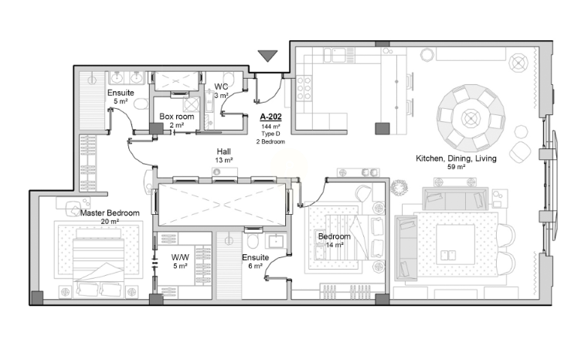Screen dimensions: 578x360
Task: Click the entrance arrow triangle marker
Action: click(x=267, y=56)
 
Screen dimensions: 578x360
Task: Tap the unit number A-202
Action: click(x=270, y=117)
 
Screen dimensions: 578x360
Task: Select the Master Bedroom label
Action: click(x=110, y=213)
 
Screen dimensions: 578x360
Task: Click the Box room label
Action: click(x=177, y=117)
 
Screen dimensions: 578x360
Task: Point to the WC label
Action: click(x=221, y=87)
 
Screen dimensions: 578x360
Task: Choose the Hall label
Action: click(x=224, y=151)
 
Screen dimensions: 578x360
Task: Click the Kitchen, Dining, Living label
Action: click(x=456, y=158)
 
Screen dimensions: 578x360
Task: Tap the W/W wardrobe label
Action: click(x=180, y=257)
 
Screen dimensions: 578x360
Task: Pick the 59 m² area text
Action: click(x=456, y=167)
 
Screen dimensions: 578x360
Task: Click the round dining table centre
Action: click(x=471, y=118)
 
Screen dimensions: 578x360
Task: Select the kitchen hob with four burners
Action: click(x=304, y=88)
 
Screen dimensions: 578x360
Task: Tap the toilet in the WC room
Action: click(x=229, y=79)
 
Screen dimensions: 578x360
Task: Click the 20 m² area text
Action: click(x=110, y=222)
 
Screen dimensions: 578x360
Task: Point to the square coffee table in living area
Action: click(x=456, y=244)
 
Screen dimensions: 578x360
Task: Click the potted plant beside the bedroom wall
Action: click(x=399, y=188)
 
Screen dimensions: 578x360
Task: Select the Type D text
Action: click(x=270, y=134)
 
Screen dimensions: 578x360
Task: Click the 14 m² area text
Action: click(x=335, y=245)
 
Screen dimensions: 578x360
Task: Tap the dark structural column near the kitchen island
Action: click(x=382, y=128)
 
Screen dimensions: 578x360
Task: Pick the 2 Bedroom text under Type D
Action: click(x=270, y=141)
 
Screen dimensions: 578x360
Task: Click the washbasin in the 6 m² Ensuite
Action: click(x=275, y=241)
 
